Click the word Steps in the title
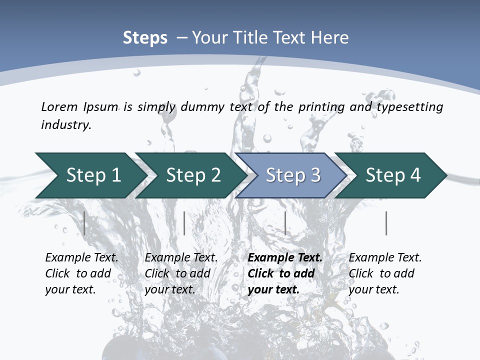coord(145,38)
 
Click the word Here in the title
coord(329,38)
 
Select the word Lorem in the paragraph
coord(59,106)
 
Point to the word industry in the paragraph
coord(66,125)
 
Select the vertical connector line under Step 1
coord(84,223)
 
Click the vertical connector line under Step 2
coord(184,223)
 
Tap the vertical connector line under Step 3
coord(285,223)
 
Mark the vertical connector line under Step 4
coord(386,223)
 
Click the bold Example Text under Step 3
coord(285,257)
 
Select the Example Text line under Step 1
coord(81,257)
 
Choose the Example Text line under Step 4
coord(385,257)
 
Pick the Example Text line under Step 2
coord(181,257)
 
